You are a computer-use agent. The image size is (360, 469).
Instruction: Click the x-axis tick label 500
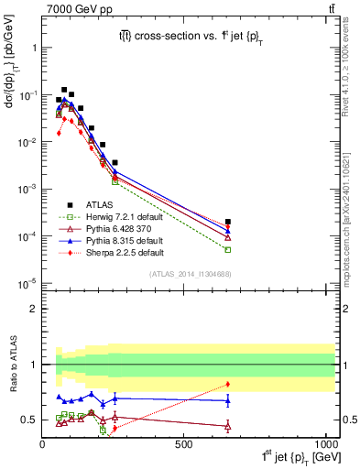tap(183, 444)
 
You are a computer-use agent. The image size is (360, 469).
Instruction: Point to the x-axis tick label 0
tap(43, 444)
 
